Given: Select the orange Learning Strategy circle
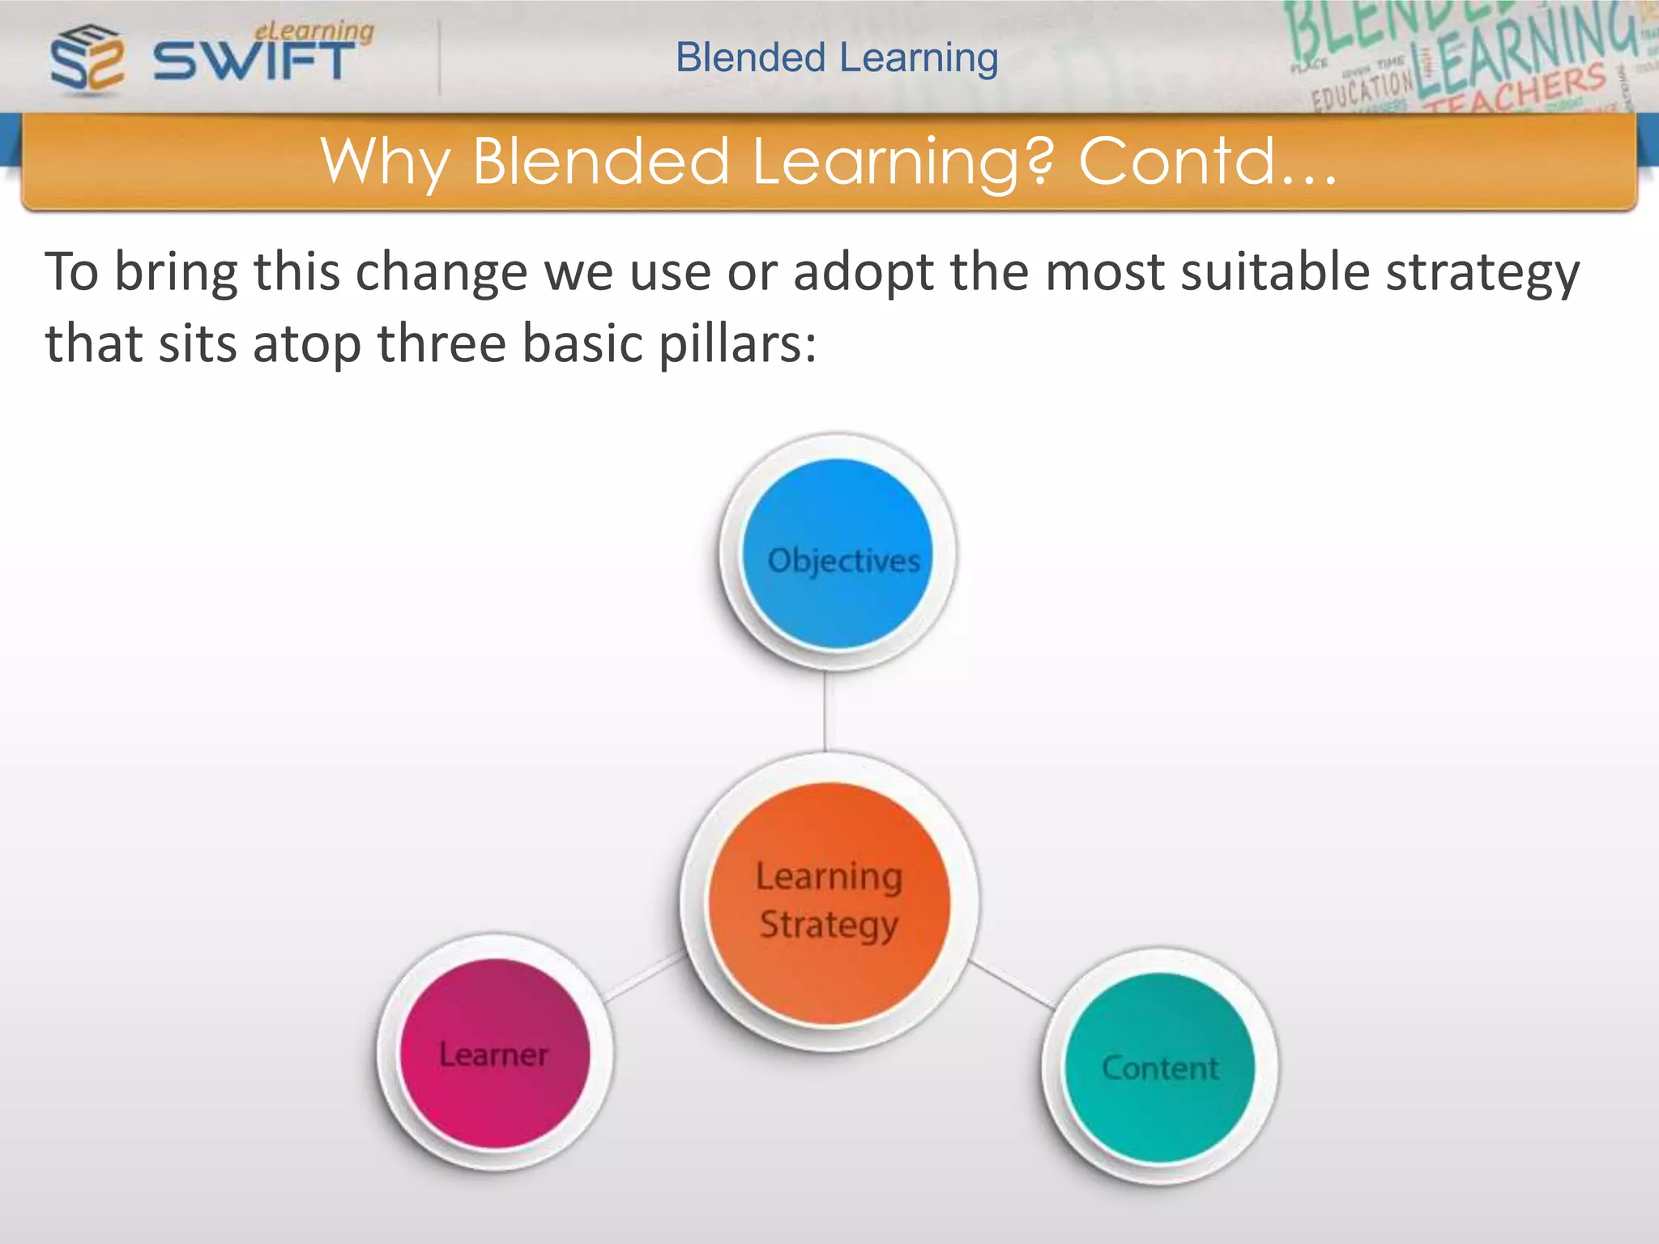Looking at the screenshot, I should click(x=829, y=902).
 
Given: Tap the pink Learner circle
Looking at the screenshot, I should click(x=495, y=1053).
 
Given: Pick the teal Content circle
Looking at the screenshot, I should click(x=1159, y=1067).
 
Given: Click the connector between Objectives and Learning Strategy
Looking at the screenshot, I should click(x=825, y=711).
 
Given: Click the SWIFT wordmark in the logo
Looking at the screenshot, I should click(x=254, y=62).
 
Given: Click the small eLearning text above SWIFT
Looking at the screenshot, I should click(x=314, y=31).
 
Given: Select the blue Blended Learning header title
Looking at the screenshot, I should click(x=837, y=58).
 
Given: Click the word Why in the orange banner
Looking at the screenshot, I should click(x=385, y=161).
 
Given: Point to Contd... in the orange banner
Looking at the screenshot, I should click(x=1206, y=161).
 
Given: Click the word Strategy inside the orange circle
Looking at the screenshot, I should click(x=829, y=925).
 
